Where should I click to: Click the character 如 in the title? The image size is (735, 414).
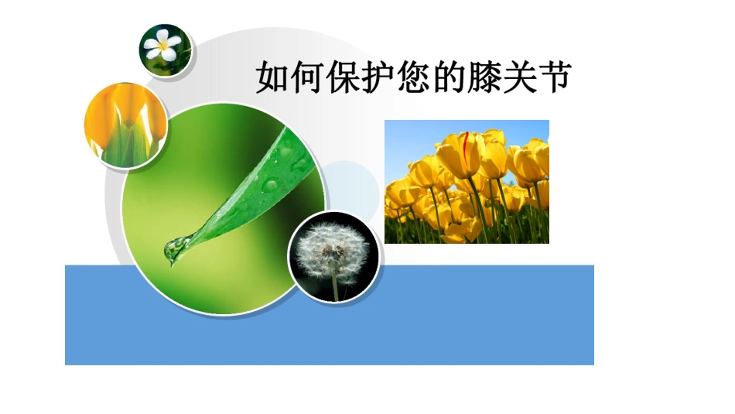pos(272,78)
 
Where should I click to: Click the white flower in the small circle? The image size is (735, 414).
pos(164,46)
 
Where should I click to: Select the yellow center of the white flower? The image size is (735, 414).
pos(164,46)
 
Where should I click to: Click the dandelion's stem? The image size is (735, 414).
pos(334,286)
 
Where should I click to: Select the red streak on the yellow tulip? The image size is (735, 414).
pos(466,144)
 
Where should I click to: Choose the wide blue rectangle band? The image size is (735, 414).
pos(464,325)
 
